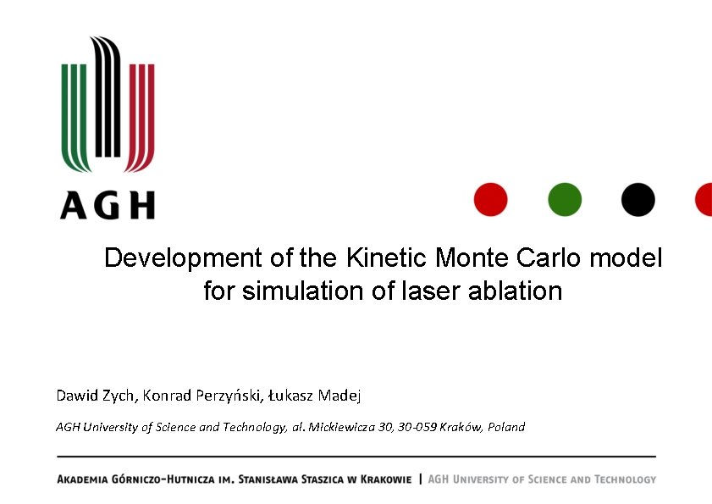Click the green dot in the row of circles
click(565, 200)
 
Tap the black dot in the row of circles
click(637, 200)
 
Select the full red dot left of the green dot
click(491, 200)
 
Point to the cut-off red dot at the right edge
click(704, 200)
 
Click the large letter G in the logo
click(108, 205)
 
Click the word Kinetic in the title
click(385, 258)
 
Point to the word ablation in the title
click(521, 291)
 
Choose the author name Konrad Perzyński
click(204, 396)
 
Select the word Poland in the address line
click(506, 427)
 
